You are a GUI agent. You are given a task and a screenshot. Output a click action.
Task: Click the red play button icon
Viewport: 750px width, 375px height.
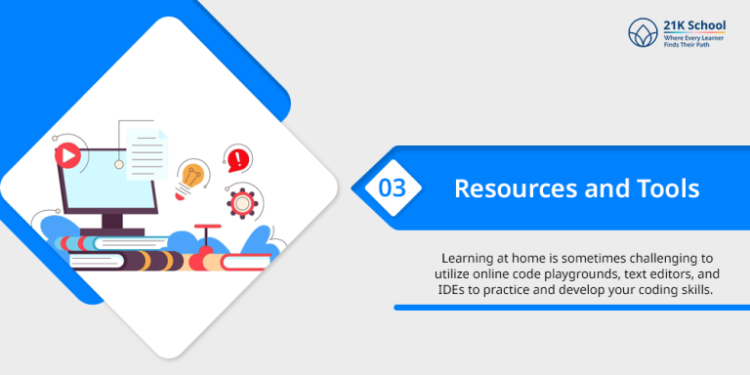click(67, 153)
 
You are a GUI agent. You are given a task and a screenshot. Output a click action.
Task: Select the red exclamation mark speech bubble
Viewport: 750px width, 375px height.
click(237, 156)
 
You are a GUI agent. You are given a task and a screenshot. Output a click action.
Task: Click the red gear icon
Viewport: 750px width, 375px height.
click(241, 202)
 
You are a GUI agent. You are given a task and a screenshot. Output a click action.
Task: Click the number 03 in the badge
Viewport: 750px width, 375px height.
click(393, 187)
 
